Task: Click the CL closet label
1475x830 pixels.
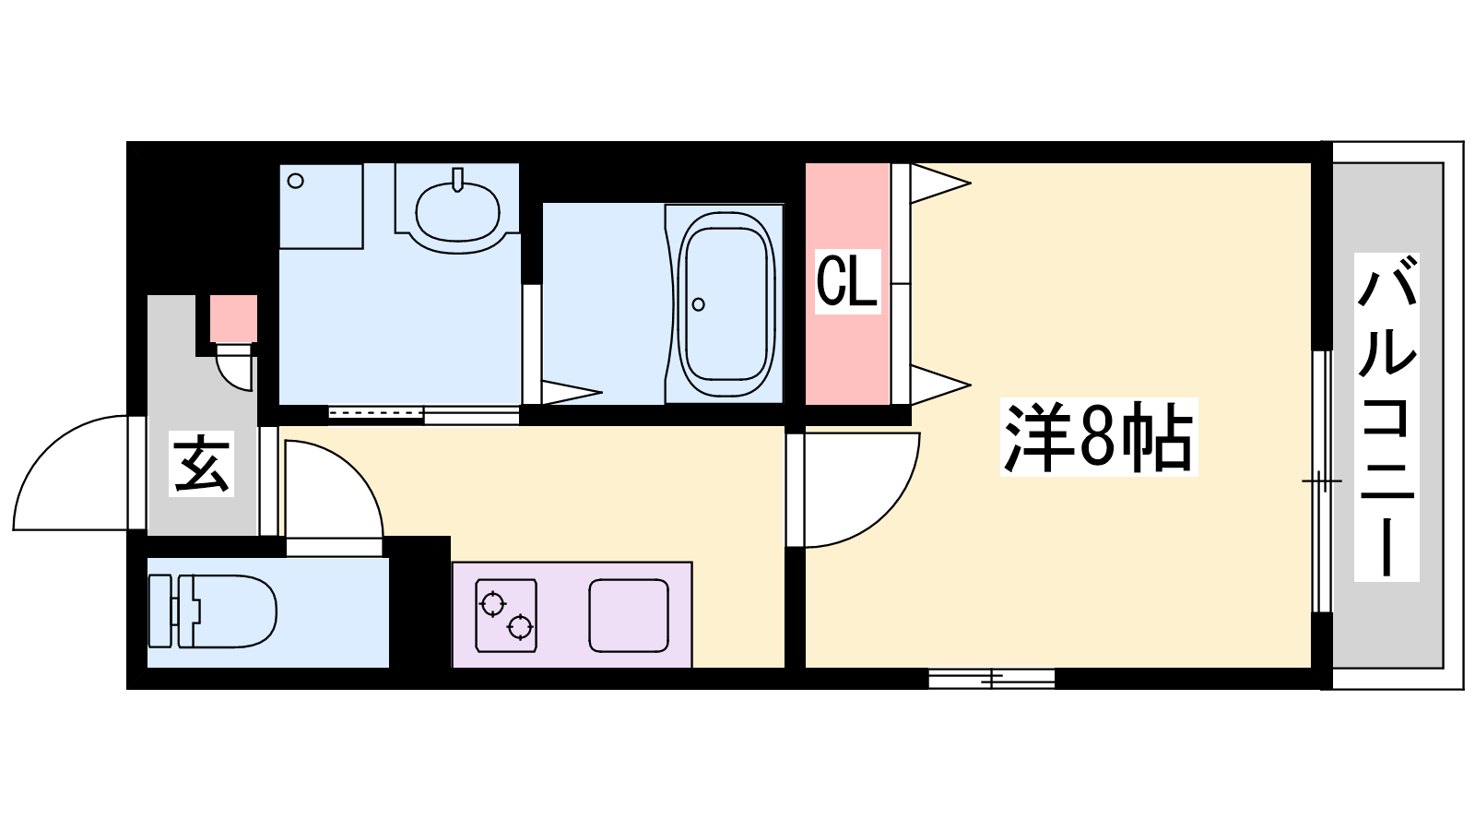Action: [847, 281]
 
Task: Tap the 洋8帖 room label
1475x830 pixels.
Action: [1098, 437]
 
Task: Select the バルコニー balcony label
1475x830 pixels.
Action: [1386, 417]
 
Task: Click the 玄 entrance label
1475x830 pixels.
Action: [202, 463]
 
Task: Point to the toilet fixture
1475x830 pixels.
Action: [213, 611]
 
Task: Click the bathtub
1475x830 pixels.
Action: [725, 303]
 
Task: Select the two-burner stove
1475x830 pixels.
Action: [506, 615]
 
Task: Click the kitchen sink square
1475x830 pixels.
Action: [629, 615]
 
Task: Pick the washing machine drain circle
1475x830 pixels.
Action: [296, 181]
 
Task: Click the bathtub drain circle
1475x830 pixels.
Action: [699, 304]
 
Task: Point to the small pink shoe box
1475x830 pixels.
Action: [234, 319]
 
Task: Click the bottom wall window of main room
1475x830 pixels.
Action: [992, 679]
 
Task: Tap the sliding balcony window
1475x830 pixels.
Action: [1322, 481]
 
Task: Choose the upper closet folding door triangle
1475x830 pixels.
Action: [939, 183]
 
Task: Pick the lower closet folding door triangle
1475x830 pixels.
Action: [939, 384]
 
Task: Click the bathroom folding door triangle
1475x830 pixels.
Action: [571, 393]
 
